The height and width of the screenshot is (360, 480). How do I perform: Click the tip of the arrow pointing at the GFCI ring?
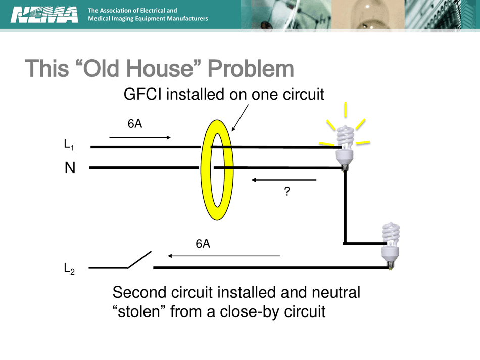click(232, 131)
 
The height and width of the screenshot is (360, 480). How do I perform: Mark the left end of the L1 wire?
click(90, 147)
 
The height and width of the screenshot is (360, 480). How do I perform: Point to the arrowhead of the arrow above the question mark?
click(253, 180)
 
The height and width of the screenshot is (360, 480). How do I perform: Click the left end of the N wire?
click(89, 167)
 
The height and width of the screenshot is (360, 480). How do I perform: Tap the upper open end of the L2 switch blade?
click(151, 251)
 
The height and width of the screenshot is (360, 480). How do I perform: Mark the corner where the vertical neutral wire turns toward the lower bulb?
click(345, 243)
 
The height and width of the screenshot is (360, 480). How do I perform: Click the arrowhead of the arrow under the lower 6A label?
click(169, 256)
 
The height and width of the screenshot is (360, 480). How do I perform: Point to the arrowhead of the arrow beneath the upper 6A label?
click(170, 137)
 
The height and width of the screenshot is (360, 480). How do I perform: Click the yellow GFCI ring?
click(217, 170)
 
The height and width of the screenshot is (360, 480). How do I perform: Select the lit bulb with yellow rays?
click(345, 144)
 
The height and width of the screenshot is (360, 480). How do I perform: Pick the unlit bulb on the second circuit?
click(391, 246)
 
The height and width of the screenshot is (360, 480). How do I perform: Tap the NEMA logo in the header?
click(44, 15)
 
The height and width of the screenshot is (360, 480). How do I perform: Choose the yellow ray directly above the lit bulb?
click(346, 109)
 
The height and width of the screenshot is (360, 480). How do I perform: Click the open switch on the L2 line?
click(139, 260)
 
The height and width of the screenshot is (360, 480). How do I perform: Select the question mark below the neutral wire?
click(287, 191)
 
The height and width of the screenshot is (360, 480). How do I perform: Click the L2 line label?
click(69, 268)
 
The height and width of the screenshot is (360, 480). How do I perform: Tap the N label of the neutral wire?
click(70, 168)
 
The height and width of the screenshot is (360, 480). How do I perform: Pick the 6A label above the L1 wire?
click(135, 124)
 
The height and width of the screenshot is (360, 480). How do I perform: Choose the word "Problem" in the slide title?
click(251, 69)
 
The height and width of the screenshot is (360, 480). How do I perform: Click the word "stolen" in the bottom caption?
click(138, 311)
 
